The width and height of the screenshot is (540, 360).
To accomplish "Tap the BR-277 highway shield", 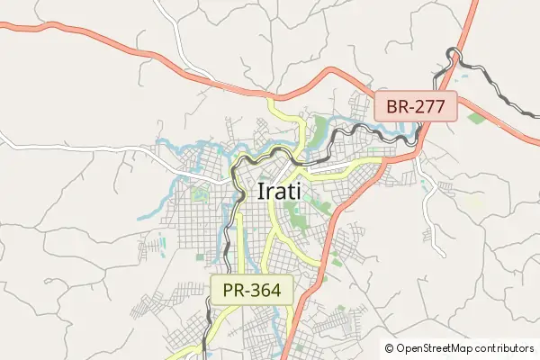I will pos(417,106).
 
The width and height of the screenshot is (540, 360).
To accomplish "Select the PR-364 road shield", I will pos(253,290).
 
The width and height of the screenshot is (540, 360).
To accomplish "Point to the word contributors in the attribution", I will pos(507,347).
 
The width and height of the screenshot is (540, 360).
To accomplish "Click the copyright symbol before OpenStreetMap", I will pos(390,347).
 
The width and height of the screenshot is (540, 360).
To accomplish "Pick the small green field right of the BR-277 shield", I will pos(476,118).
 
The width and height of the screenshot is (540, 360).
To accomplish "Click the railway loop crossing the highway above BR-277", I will pos(454,57).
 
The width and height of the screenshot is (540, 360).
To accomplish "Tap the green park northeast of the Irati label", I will pos(321,126).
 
